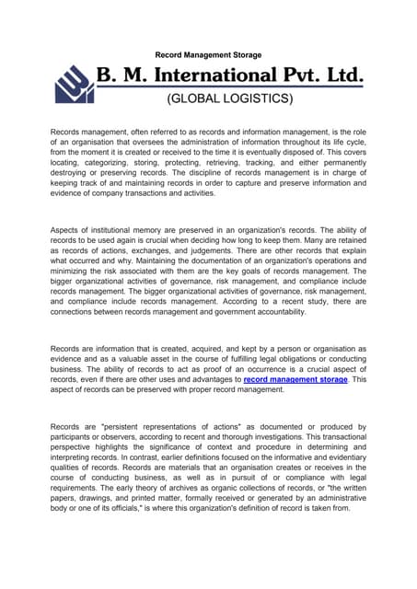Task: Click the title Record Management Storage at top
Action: tap(208, 55)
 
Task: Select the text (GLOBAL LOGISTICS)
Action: tap(229, 97)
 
